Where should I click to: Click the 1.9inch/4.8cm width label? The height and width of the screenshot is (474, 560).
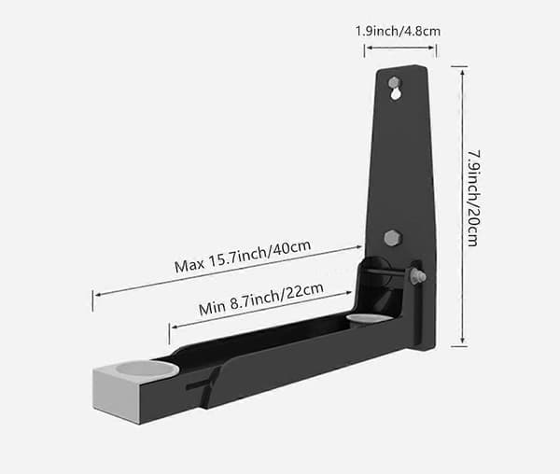tap(398, 32)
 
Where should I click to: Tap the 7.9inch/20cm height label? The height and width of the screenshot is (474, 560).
tap(474, 198)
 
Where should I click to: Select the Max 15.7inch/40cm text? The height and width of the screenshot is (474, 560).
tap(243, 257)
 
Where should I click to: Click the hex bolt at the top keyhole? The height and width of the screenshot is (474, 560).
tap(394, 82)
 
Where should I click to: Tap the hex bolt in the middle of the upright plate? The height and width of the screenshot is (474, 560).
tap(393, 238)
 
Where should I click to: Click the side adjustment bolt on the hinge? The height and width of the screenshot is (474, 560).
tap(418, 276)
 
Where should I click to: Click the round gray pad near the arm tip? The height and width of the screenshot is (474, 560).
tap(147, 369)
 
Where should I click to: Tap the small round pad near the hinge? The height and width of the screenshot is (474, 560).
tap(370, 317)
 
